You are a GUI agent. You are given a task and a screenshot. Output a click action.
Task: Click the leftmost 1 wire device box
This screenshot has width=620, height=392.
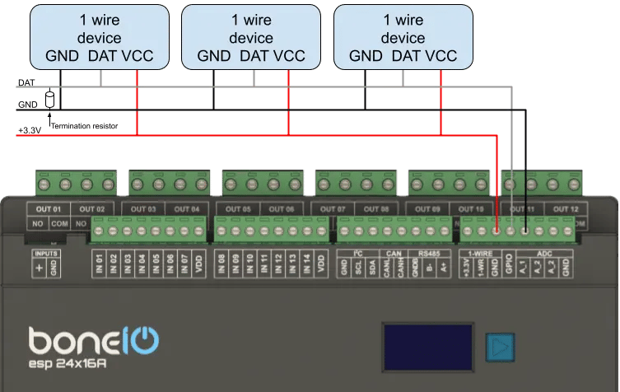pos(99,37)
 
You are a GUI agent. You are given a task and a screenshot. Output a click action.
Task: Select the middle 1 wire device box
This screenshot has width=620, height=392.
pos(250,37)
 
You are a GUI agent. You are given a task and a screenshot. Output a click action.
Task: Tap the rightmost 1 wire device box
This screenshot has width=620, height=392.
pos(403,37)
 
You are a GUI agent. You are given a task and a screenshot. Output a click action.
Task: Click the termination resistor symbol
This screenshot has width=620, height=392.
pos(49,100)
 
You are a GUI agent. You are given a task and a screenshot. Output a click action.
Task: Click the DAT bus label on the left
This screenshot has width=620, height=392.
pos(25,83)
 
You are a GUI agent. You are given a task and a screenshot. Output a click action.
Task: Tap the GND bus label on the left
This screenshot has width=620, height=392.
pos(26,105)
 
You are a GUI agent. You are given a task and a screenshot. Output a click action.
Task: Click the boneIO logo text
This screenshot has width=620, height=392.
pos(93,339)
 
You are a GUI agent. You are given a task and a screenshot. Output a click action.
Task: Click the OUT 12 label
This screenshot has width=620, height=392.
pos(566,209)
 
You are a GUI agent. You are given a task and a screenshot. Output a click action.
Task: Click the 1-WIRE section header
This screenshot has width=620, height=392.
pos(480,253)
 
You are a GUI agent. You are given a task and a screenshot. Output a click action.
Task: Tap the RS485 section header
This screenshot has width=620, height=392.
pos(430,253)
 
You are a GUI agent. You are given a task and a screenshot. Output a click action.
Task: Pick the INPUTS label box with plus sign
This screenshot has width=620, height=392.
pos(45,263)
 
